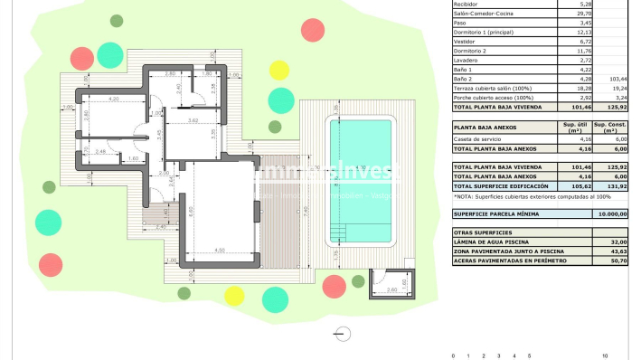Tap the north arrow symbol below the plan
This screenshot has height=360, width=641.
pos(341,333)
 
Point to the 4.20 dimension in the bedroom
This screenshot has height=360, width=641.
pos(114,98)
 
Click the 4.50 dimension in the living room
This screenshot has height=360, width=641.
pos(219,250)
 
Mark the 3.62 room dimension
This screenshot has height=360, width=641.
pos(193,119)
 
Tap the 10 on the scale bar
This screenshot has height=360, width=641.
pos(604,355)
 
